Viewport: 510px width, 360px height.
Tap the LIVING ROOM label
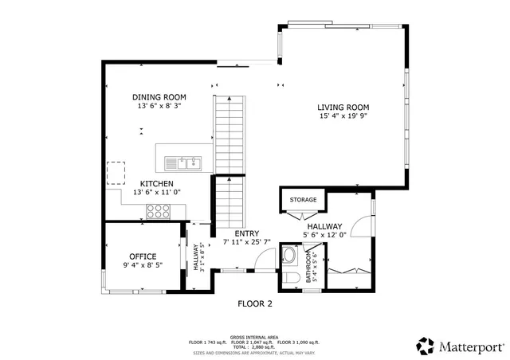[x=343, y=107]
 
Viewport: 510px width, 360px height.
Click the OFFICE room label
[x=143, y=256]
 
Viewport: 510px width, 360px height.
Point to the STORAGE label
[x=303, y=200]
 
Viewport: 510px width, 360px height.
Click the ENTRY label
[x=246, y=233]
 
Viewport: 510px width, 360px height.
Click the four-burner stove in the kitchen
[x=159, y=212]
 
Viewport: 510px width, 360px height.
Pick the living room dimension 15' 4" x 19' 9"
[x=343, y=116]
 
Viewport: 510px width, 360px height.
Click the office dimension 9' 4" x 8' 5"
[x=143, y=265]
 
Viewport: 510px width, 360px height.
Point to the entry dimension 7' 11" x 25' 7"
[x=246, y=241]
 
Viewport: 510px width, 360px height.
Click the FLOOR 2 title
[x=255, y=303]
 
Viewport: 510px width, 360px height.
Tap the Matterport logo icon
[x=425, y=346]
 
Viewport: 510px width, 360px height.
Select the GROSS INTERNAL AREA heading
[x=254, y=337]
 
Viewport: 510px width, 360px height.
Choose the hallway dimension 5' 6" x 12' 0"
[x=326, y=234]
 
